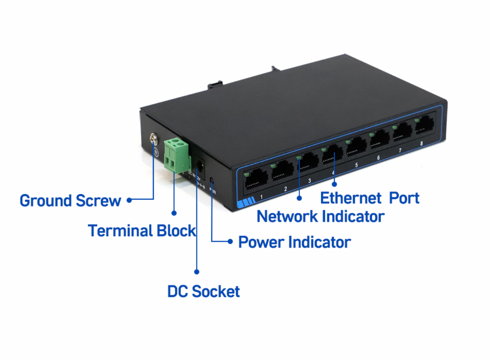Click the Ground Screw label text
tap(70, 200)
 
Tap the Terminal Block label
tap(142, 230)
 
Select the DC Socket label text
tap(203, 292)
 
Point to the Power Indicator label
tap(294, 242)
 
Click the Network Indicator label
tap(320, 216)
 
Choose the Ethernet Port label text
tap(370, 198)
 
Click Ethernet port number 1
tap(255, 179)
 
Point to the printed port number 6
tap(378, 158)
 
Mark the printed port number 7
tap(400, 151)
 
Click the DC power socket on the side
tap(200, 164)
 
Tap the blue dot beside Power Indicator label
tap(230, 241)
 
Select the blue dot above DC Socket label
tap(197, 270)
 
